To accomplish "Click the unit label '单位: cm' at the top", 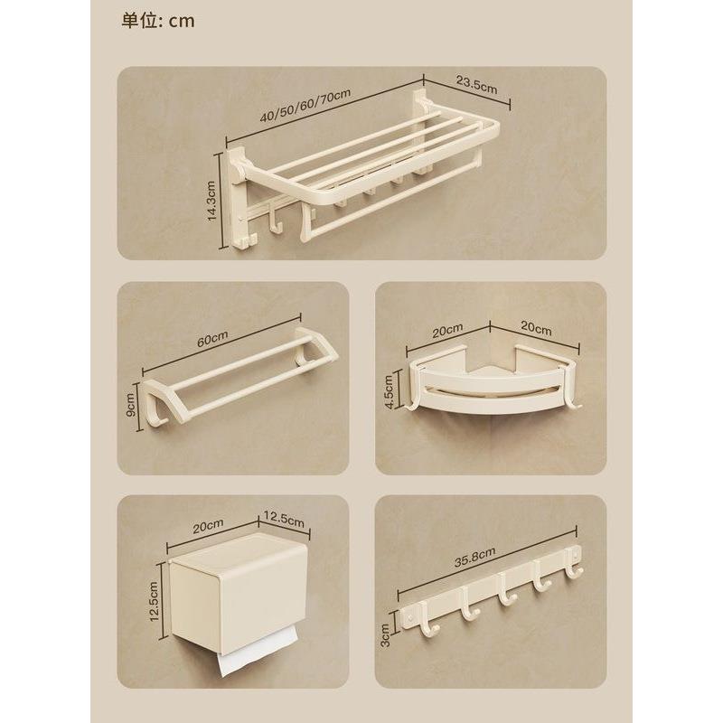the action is [158, 21].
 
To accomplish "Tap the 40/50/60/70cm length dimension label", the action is [305, 106].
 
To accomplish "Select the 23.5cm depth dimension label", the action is [477, 84].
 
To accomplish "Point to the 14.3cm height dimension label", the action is [211, 201].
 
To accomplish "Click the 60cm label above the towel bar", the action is [212, 339].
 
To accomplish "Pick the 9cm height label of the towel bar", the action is [130, 404].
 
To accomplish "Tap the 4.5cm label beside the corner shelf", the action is [389, 392].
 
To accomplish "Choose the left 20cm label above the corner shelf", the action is [447, 331].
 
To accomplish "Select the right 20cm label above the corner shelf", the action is [536, 327].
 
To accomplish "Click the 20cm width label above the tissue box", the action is [208, 526].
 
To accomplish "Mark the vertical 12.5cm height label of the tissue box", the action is [154, 601].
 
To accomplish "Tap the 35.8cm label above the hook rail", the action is [475, 557].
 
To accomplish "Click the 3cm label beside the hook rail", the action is [386, 634].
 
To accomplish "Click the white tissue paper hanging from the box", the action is [257, 652].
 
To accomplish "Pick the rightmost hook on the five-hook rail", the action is [575, 568].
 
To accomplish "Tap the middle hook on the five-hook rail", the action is [506, 596].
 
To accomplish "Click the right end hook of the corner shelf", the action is [575, 400].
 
